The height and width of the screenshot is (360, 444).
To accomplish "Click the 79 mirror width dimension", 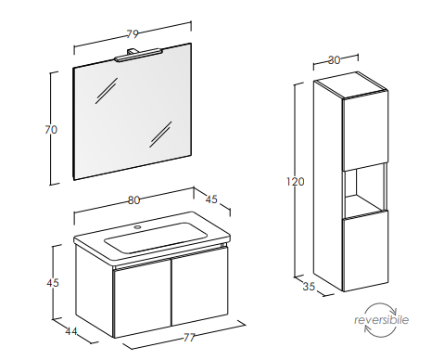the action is click(x=133, y=33).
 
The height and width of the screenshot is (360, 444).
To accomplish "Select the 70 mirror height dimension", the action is click(x=51, y=129).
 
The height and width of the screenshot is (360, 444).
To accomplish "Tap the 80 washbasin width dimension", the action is click(x=133, y=200).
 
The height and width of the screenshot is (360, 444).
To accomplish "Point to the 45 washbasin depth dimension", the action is click(x=211, y=199).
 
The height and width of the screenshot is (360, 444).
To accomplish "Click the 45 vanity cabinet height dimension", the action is click(x=53, y=282).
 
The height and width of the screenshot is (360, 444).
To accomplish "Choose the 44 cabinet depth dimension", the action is click(x=71, y=331).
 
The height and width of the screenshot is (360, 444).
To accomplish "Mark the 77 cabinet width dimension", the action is click(x=189, y=337).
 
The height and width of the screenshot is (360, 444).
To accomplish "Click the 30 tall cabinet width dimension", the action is click(x=334, y=60).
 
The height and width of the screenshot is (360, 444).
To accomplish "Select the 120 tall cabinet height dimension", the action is click(x=296, y=181).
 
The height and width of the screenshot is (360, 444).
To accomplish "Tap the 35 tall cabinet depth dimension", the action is click(x=309, y=287).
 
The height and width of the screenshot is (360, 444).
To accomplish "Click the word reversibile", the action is click(x=381, y=319).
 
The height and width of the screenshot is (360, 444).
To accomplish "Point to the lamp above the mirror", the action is click(x=137, y=55).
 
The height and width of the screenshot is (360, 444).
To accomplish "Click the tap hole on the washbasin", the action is click(x=137, y=227).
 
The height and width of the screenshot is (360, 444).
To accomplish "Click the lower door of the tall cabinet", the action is click(x=365, y=251).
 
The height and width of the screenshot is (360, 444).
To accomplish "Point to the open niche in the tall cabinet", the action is click(x=364, y=190).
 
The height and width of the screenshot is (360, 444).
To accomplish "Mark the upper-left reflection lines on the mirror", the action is click(x=107, y=90).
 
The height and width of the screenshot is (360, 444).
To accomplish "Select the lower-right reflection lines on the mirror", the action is click(x=160, y=135).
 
